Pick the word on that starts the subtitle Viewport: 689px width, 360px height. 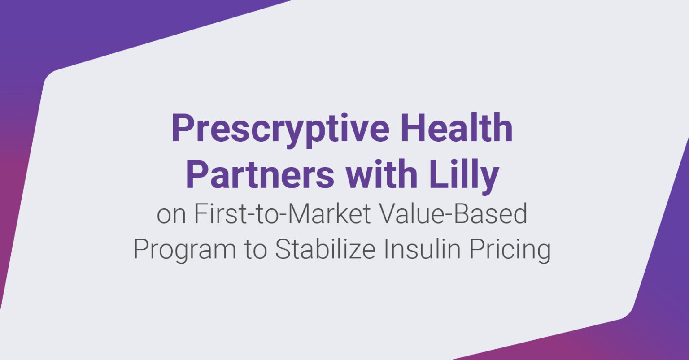tap(171, 215)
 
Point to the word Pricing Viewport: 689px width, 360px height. tap(510, 250)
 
